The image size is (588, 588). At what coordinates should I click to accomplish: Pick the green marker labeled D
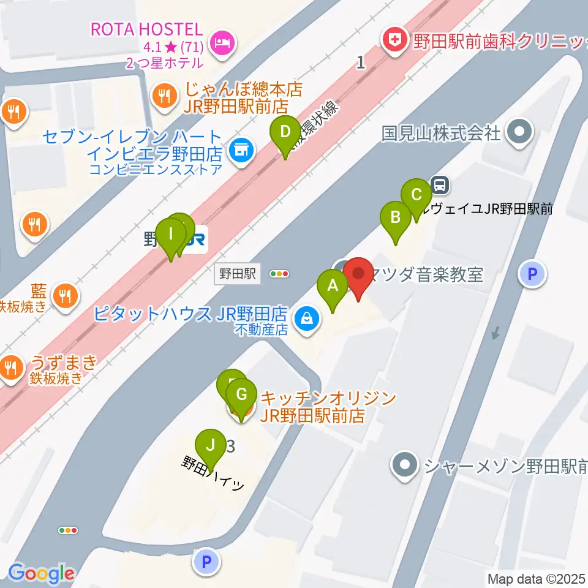(285, 133)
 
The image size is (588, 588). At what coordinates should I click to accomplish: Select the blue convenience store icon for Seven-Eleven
(241, 149)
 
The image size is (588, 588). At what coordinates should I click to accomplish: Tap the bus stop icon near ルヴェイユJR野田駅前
(439, 183)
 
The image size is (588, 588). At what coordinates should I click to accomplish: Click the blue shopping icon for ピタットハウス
(306, 317)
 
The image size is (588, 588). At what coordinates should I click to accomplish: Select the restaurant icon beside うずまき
(10, 367)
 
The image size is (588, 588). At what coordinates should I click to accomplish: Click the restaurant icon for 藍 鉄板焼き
(65, 296)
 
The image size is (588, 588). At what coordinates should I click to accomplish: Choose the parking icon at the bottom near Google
(206, 560)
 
